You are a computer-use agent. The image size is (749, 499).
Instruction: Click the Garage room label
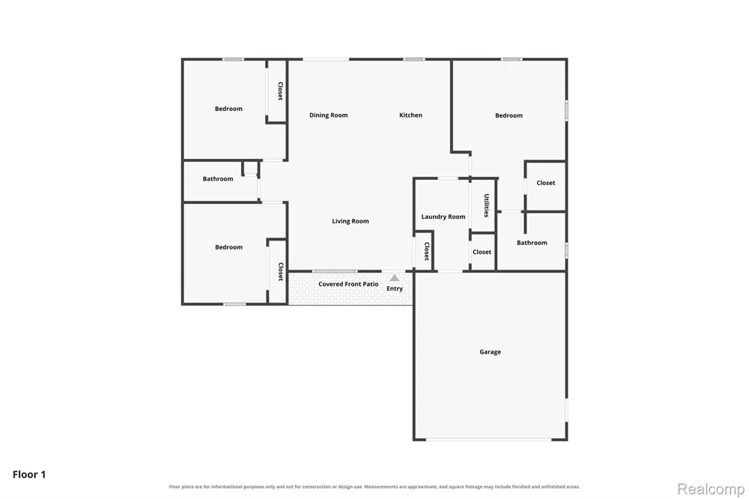490,352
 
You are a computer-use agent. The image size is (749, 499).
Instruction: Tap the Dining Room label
328,115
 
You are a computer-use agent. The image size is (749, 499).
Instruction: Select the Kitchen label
410,115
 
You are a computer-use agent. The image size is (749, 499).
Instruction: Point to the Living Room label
350,221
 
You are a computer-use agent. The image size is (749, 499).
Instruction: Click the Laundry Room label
443,217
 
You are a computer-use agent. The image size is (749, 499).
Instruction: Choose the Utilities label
486,205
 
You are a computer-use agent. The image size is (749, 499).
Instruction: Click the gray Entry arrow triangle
395,278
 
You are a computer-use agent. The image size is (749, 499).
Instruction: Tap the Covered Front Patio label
348,284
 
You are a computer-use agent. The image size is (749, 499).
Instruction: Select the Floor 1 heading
29,474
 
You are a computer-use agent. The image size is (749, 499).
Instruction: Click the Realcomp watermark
711,489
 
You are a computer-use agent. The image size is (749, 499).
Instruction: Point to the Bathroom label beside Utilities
532,243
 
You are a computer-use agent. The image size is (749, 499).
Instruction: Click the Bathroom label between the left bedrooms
218,179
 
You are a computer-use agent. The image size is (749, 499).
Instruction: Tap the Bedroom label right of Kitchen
509,115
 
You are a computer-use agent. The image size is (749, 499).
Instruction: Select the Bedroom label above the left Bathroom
228,109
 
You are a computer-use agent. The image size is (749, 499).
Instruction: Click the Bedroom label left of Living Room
228,247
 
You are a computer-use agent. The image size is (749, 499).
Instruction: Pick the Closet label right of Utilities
545,183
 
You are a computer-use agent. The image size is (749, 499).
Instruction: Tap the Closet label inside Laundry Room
427,252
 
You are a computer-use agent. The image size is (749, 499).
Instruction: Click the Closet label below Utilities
482,252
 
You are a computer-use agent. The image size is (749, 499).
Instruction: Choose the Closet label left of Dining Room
280,91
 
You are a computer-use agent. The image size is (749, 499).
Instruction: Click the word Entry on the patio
395,288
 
